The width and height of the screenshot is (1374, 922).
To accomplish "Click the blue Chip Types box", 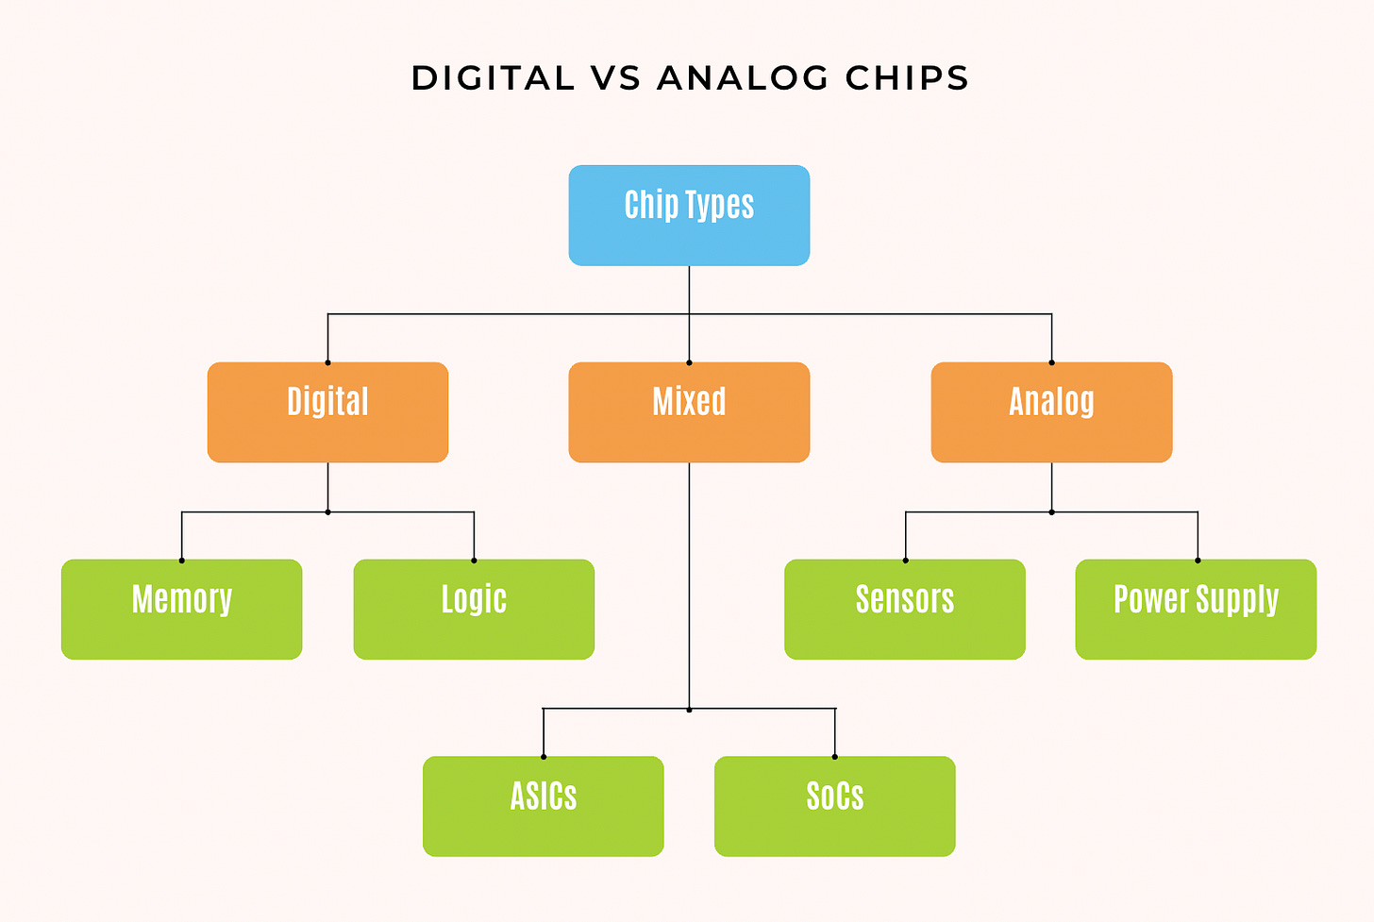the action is (x=689, y=215).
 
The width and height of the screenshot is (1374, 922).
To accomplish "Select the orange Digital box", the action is (x=327, y=412).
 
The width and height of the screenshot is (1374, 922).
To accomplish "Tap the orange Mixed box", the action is (x=689, y=412).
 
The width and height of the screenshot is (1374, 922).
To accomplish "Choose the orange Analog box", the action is (x=1051, y=412).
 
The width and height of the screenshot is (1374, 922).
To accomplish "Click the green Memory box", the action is (x=181, y=609).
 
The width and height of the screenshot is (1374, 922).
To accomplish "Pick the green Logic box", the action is (x=474, y=609).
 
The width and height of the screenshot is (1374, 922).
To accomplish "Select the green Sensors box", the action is (x=904, y=609).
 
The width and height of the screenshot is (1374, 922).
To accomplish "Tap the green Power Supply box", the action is (x=1196, y=609).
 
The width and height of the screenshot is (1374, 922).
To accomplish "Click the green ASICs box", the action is (x=543, y=806).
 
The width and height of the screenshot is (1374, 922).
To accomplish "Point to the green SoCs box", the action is (x=834, y=806).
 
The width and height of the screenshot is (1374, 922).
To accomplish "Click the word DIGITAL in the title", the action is (x=493, y=78).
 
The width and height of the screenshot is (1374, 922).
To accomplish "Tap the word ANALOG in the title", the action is (x=743, y=78).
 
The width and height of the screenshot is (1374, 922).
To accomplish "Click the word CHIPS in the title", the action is (x=907, y=78).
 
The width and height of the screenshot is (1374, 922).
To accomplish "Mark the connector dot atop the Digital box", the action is (x=327, y=362).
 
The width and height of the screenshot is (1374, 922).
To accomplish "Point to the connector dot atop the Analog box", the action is (x=1051, y=362).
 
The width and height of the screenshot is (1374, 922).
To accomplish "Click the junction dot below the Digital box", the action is (x=327, y=511).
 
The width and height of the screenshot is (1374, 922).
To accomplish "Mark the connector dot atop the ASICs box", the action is (x=544, y=757).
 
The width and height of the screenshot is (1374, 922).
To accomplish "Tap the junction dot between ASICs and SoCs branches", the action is (x=689, y=709).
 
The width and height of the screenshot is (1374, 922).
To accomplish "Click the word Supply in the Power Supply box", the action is (x=1237, y=600).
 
